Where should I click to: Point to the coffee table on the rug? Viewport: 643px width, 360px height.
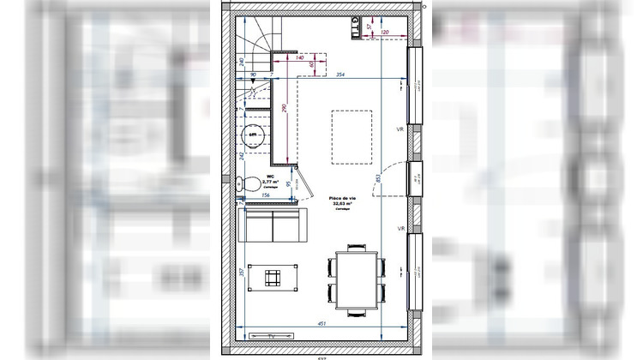[273, 277]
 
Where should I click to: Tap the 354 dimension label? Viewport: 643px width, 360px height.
[341, 75]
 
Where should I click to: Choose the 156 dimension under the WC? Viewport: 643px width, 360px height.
[265, 195]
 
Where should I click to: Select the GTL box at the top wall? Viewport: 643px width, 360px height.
[355, 27]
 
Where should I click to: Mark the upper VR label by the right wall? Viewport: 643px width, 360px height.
[400, 129]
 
